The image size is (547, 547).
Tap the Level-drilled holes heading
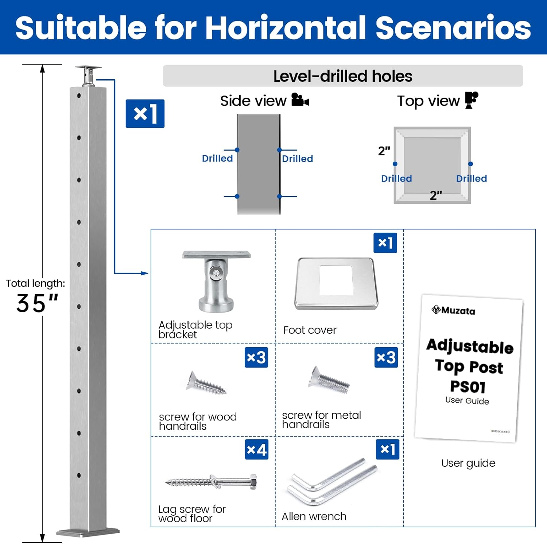point(342,76)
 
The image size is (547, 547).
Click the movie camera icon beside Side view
point(300,100)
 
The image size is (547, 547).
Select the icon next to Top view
point(472,100)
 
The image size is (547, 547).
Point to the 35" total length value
point(37,303)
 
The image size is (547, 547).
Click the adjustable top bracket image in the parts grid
point(216,281)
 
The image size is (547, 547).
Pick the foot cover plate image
point(336,284)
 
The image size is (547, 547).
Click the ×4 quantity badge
point(256,450)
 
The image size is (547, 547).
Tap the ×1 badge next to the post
point(145,114)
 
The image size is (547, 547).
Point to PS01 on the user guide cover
point(468,387)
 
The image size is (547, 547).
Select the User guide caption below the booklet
point(468,463)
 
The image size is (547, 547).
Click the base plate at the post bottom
point(88,532)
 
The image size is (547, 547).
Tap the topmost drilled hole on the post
point(79,96)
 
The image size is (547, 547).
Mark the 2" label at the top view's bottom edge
point(435,195)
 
